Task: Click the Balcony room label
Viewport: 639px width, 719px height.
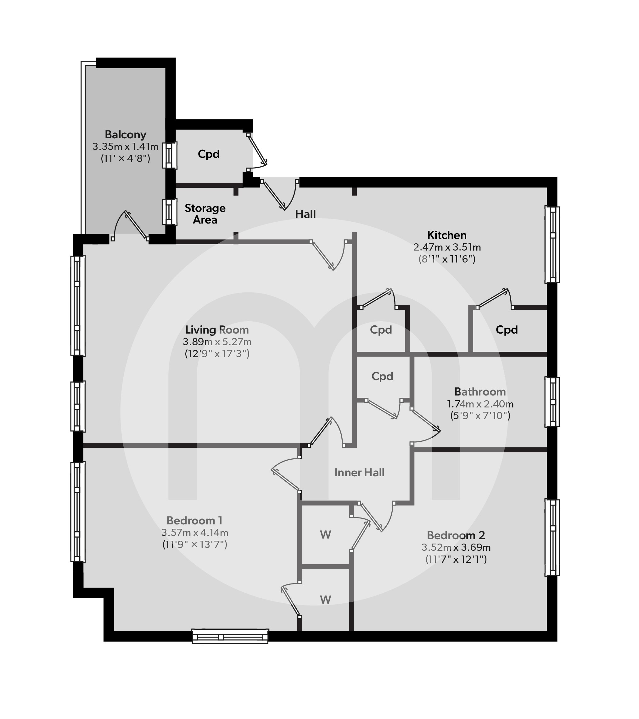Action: [x=125, y=135]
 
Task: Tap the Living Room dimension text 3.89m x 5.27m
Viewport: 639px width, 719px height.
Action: [x=217, y=341]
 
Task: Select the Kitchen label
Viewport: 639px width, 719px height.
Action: [x=447, y=235]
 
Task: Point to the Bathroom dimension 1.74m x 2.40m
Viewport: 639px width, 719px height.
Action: [x=480, y=404]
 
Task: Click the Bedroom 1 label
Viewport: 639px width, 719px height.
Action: [x=194, y=520]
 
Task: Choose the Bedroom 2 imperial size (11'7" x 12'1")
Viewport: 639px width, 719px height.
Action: [x=456, y=559]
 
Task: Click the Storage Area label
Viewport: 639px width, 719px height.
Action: [x=205, y=214]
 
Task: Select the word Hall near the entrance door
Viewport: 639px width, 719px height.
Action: [x=305, y=214]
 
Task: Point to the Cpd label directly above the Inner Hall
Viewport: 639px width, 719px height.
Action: [x=382, y=376]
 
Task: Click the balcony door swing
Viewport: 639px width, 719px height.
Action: [x=130, y=225]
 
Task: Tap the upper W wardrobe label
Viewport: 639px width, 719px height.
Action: [x=325, y=535]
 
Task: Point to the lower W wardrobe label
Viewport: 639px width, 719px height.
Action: [x=325, y=600]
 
